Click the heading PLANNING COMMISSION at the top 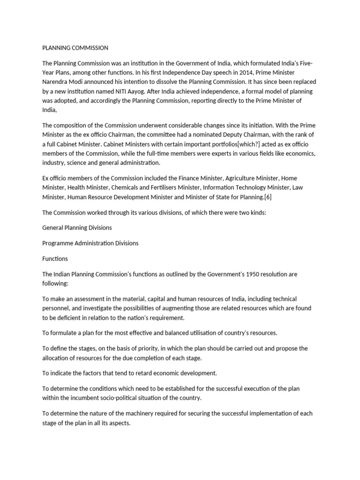click(75, 48)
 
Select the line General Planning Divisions click(77, 227)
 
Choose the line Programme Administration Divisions click(90, 243)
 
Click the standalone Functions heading click(55, 258)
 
